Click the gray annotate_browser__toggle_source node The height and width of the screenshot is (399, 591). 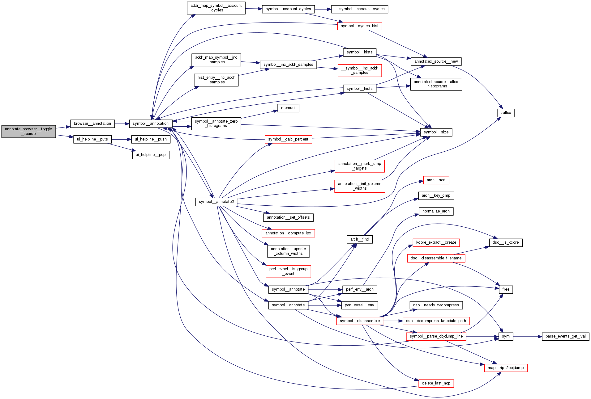[x=28, y=132]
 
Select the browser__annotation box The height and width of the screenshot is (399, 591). [x=92, y=124]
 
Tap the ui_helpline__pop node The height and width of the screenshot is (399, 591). [x=151, y=155]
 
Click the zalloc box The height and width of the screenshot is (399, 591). [x=506, y=113]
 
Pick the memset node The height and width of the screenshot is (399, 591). [x=288, y=108]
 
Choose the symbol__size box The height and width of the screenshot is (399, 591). [x=436, y=132]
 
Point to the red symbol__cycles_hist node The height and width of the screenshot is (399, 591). [x=359, y=26]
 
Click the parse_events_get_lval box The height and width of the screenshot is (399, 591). [x=565, y=336]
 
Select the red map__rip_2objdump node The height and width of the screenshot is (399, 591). [x=506, y=368]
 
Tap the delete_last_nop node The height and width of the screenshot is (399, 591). [x=436, y=383]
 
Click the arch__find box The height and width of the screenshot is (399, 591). [x=360, y=239]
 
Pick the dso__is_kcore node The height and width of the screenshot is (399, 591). [x=506, y=242]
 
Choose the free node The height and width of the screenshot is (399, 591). [x=506, y=289]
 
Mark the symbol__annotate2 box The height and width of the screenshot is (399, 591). [x=216, y=202]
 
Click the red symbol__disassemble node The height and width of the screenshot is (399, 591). [x=360, y=321]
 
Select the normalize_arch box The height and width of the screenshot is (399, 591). [x=436, y=211]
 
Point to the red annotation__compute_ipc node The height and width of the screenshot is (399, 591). [x=288, y=233]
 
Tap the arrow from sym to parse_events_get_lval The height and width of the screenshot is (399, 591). [x=528, y=336]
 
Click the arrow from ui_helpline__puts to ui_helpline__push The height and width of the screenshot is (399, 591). [x=121, y=139]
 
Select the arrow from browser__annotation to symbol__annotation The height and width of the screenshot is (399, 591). [x=122, y=124]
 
